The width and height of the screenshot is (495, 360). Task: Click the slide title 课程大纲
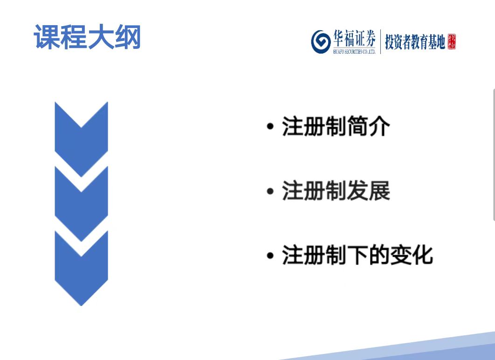(x=87, y=37)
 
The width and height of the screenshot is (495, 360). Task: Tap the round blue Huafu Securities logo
(x=321, y=41)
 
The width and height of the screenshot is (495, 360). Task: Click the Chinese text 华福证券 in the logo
(x=355, y=38)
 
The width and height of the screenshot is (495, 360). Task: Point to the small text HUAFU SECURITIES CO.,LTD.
(x=355, y=51)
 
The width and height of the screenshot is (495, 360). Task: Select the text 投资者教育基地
(x=415, y=42)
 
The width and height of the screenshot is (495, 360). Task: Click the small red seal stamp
(x=452, y=41)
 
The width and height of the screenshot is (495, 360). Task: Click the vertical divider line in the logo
(x=380, y=41)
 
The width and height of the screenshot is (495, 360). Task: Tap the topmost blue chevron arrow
(x=82, y=139)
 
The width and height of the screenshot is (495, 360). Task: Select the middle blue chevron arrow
(x=82, y=204)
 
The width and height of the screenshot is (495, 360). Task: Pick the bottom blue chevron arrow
(x=82, y=269)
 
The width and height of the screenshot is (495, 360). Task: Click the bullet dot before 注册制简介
(x=270, y=127)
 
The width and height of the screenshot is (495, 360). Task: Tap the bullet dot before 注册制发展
(x=270, y=191)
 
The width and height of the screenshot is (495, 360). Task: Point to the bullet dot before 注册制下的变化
(x=270, y=255)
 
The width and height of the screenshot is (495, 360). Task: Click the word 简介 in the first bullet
(x=368, y=126)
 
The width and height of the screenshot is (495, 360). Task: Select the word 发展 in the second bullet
(x=368, y=190)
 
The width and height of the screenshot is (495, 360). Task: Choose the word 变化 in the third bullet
(x=412, y=255)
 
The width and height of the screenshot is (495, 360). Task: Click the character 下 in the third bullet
(x=357, y=255)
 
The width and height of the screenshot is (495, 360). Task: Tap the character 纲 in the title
(x=128, y=37)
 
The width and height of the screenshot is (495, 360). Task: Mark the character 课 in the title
(x=47, y=37)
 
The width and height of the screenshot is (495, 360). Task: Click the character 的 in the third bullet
(x=379, y=255)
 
